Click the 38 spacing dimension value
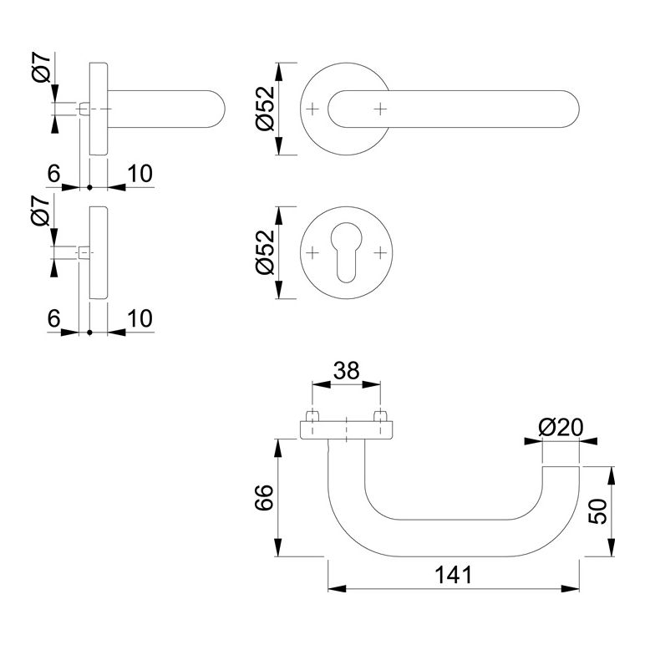coord(346,371)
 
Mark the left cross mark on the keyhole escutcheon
coord(312,252)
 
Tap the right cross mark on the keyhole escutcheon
coord(381,252)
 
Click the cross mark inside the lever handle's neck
coord(381,109)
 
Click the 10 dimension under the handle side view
coord(140,173)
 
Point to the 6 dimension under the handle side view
coord(53,173)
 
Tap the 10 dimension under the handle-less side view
coord(140,317)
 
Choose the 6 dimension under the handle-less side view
coord(53,317)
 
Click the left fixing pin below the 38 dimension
coord(312,415)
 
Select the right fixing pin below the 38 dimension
coord(381,415)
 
